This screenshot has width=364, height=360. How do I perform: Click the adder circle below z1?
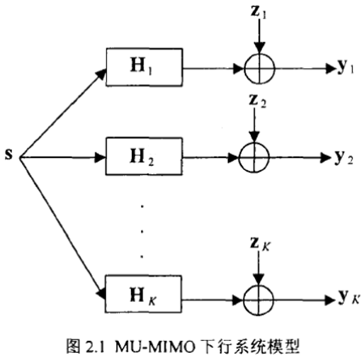click(259, 68)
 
